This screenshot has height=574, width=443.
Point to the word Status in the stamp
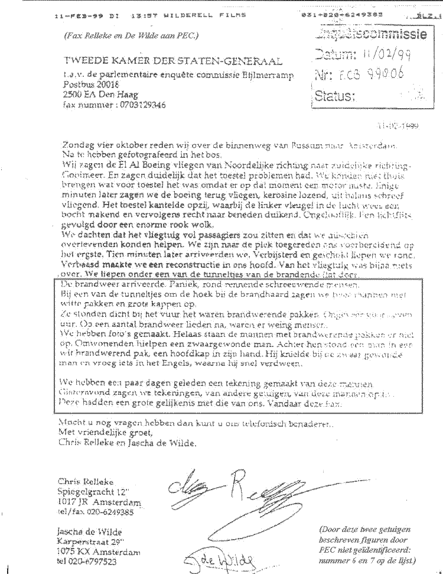click(x=335, y=96)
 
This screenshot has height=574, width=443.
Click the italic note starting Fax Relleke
click(x=132, y=35)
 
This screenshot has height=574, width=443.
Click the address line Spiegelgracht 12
click(x=98, y=492)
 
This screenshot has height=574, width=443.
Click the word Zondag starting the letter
click(x=76, y=145)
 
